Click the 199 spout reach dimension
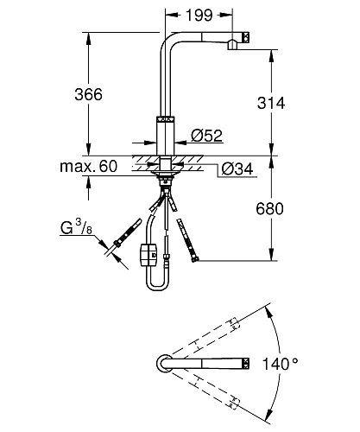[199, 15]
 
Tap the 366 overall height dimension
[88, 94]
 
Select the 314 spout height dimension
[271, 103]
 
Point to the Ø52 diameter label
[207, 136]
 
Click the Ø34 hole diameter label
[237, 168]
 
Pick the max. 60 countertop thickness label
[89, 166]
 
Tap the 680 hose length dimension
[269, 208]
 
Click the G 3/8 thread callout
[76, 227]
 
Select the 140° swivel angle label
[280, 364]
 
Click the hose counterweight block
[148, 254]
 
